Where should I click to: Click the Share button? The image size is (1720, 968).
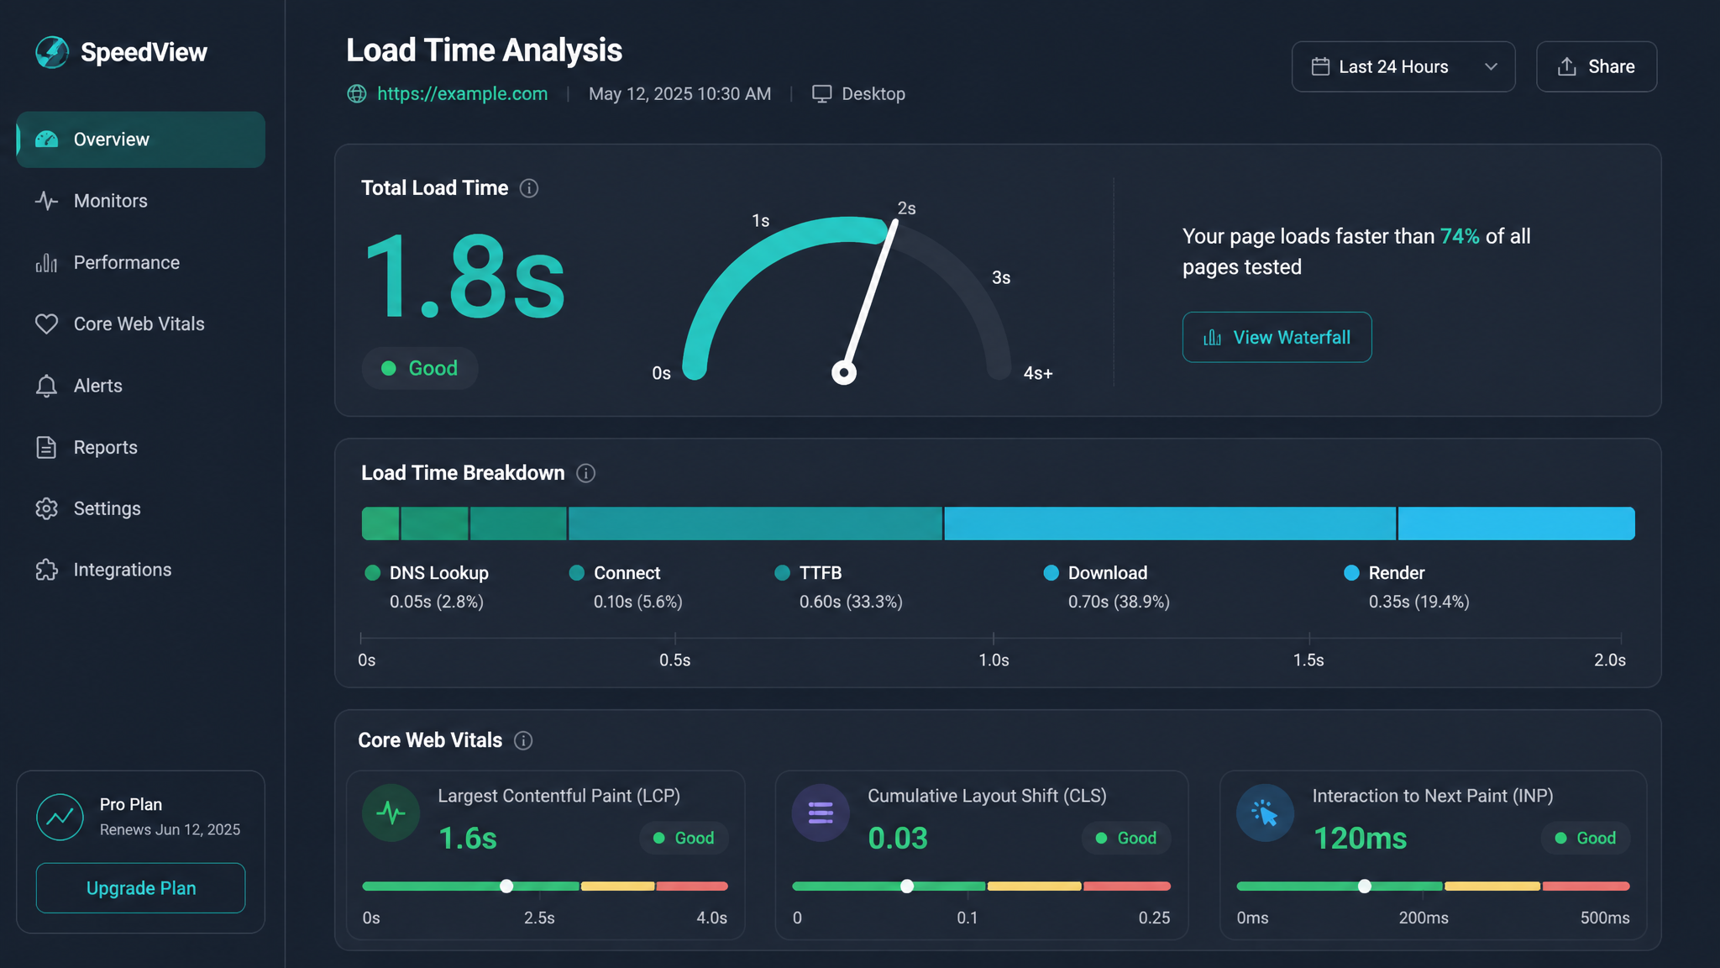pos(1596,66)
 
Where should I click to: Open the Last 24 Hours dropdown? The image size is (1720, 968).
pos(1403,66)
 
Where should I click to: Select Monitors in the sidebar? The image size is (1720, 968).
pos(110,201)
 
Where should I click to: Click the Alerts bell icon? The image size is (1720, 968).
pos(47,386)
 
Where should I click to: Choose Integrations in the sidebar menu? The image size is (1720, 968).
pos(122,570)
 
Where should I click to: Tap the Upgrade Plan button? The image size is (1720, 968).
pos(140,888)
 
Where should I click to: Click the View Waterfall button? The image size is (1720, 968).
pos(1277,337)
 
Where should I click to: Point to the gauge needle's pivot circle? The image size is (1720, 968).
pos(844,372)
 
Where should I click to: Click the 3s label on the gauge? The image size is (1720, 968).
pos(1001,277)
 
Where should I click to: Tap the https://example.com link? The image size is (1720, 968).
pos(462,93)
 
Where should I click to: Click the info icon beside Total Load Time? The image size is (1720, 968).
pos(529,188)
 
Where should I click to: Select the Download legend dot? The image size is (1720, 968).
pos(1051,573)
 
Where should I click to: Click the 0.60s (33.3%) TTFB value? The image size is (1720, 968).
pos(851,602)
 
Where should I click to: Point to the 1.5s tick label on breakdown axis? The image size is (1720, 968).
pos(1308,660)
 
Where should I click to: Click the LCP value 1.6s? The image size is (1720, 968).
pos(468,838)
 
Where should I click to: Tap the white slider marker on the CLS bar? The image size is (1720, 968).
pos(907,886)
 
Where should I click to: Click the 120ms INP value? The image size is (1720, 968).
pos(1360,838)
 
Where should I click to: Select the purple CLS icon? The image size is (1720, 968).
pos(821,813)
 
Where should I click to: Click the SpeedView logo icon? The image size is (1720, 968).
pos(52,52)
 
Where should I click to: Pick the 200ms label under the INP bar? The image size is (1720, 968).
pos(1424,918)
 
